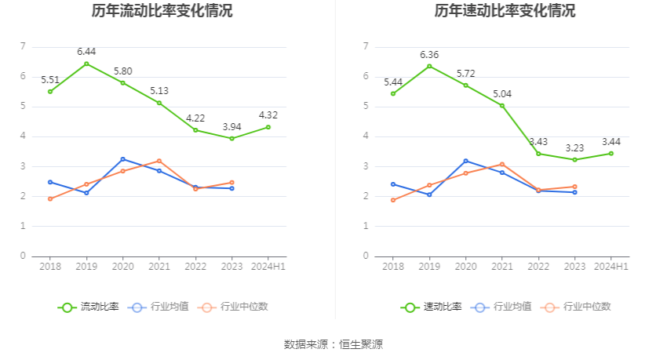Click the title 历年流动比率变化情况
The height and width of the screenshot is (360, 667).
[x=162, y=11]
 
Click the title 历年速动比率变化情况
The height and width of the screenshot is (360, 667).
[x=505, y=11]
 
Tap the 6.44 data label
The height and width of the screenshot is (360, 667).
[x=86, y=52]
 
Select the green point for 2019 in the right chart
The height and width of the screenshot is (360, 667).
[x=429, y=66]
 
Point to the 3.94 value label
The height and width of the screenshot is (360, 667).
[x=231, y=126]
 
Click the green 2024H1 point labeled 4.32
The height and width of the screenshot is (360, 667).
[x=268, y=127]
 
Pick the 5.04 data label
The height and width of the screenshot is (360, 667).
[x=502, y=94]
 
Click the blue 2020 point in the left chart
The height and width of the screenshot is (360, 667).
[x=122, y=159]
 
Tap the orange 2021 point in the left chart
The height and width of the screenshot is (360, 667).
[x=159, y=161]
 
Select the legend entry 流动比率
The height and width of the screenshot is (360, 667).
[x=89, y=307]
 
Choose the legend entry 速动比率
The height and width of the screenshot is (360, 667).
[x=432, y=307]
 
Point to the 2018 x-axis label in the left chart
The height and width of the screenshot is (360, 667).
[x=50, y=267]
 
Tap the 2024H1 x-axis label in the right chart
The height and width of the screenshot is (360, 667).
[x=611, y=267]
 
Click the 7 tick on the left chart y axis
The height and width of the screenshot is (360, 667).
[x=23, y=47]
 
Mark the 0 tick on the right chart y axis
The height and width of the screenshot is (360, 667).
[x=366, y=256]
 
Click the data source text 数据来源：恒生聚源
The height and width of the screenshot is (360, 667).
[x=333, y=344]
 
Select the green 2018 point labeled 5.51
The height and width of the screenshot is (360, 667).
[x=50, y=92]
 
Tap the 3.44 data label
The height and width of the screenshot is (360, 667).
[x=611, y=142]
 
